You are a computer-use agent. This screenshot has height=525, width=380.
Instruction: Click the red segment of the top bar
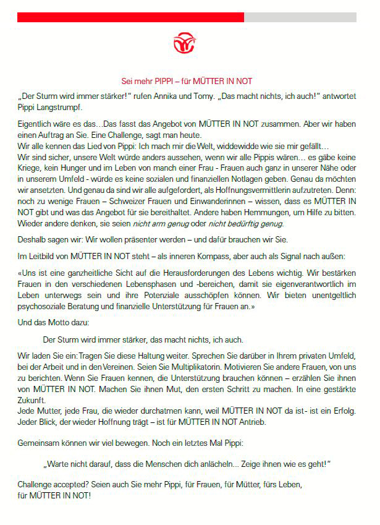point(130,17)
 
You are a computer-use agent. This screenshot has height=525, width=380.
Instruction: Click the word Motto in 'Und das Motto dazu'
point(56,321)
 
